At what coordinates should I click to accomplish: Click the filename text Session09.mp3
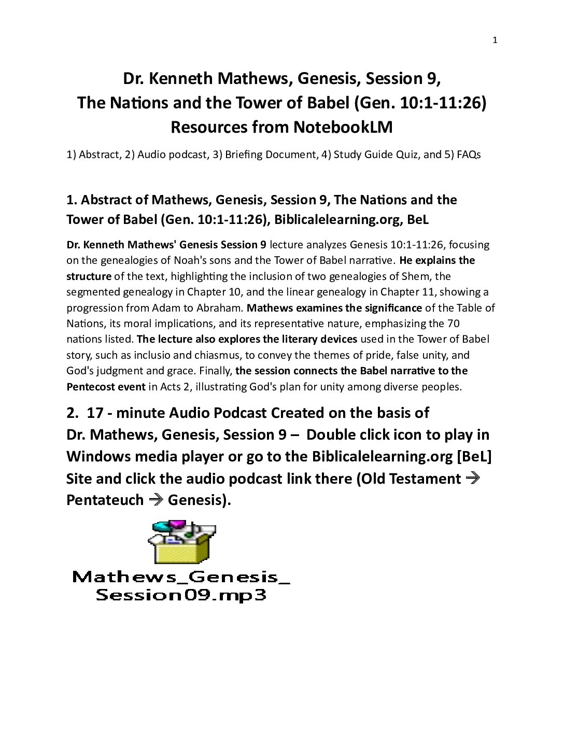[x=181, y=595]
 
